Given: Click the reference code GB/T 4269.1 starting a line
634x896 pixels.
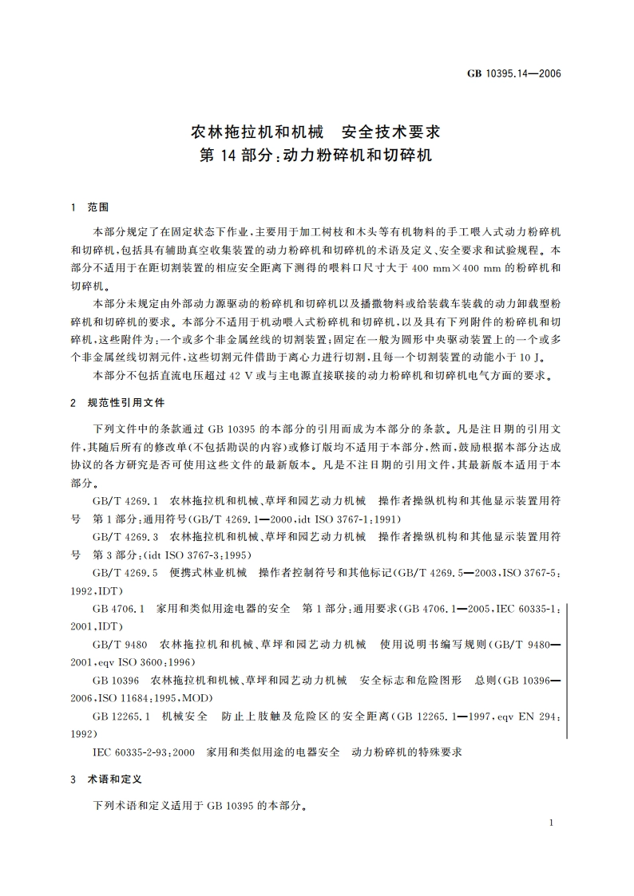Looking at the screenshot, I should (127, 501).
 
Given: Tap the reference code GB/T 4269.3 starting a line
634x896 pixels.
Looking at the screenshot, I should (127, 536).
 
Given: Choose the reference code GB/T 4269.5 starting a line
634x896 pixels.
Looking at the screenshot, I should (127, 572).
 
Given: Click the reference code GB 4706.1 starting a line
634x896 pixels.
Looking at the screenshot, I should (119, 609).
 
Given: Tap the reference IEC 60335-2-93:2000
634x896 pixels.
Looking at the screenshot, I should (144, 752).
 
